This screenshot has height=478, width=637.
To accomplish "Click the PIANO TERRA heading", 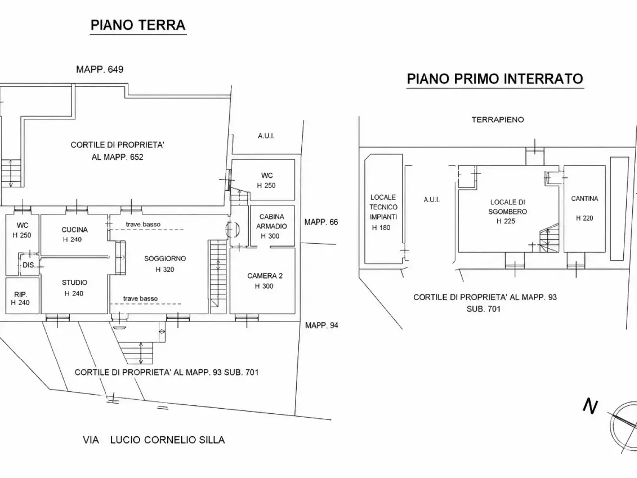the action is click(x=138, y=25).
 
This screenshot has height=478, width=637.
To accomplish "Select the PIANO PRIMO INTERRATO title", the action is click(x=495, y=78).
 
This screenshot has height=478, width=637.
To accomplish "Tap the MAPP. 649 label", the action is click(x=100, y=69).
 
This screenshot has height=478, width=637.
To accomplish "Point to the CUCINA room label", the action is click(x=74, y=230).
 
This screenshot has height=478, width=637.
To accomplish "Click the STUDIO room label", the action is click(x=74, y=283).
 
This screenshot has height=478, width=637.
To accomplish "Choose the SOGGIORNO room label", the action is click(x=165, y=258).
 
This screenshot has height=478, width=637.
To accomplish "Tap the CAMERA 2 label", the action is click(x=265, y=276).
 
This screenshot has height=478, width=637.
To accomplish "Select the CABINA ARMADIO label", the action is click(x=271, y=221).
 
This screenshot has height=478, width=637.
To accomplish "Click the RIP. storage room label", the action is click(x=20, y=295).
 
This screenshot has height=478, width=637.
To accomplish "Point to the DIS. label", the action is click(x=29, y=265).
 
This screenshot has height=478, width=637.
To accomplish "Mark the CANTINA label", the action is click(x=584, y=199).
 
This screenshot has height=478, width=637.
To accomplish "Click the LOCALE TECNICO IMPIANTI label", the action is click(x=383, y=207).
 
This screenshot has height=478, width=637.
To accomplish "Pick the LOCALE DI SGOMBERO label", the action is click(x=507, y=207).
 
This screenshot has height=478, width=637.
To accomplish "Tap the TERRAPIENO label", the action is click(x=498, y=120).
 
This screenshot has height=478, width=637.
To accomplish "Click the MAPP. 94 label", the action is click(x=321, y=325).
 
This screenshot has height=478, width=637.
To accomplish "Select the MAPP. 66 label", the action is click(x=321, y=222).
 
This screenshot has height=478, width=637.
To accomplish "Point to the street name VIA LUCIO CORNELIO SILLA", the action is click(x=154, y=440).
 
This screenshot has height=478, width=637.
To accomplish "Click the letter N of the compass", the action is click(x=591, y=406).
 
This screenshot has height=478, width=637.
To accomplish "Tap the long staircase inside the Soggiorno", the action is click(x=218, y=277).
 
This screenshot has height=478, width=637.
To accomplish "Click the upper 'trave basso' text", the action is click(x=143, y=224).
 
